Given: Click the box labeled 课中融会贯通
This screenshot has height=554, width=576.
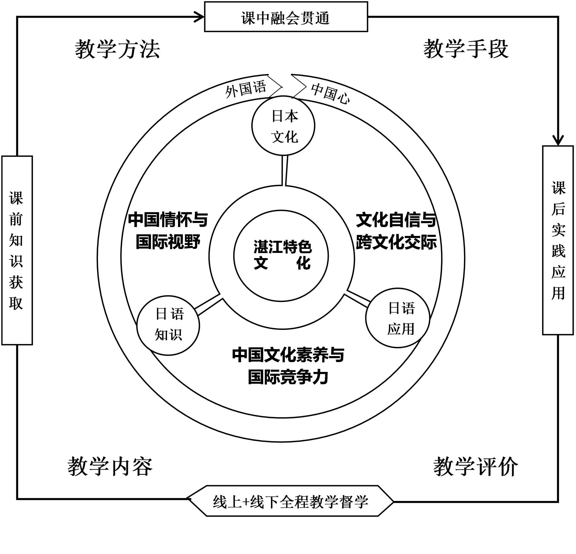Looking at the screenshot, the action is click(286, 17).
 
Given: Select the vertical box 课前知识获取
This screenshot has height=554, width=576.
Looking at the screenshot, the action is click(17, 250).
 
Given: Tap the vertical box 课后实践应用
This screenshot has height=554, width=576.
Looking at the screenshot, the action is click(558, 240).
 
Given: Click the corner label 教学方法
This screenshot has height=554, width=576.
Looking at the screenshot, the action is click(117, 49).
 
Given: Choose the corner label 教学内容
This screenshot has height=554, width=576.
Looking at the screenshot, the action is click(110, 467).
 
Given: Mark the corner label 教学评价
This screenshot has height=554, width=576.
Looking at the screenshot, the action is click(475, 467).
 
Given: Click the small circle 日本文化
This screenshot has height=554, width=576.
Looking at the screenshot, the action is click(284, 126).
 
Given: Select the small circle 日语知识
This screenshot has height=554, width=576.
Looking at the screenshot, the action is click(168, 325).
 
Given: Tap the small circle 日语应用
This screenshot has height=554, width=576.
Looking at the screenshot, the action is click(398, 318).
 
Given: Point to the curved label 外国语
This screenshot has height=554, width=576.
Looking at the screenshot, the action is click(246, 88).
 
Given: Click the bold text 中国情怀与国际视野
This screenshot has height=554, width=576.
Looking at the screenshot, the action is click(168, 231).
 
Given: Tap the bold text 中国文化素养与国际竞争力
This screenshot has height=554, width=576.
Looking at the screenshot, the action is click(288, 366).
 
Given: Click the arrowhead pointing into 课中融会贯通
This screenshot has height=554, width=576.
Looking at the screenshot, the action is click(200, 17).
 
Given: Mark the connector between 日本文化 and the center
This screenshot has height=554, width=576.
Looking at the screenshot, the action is click(285, 171).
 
